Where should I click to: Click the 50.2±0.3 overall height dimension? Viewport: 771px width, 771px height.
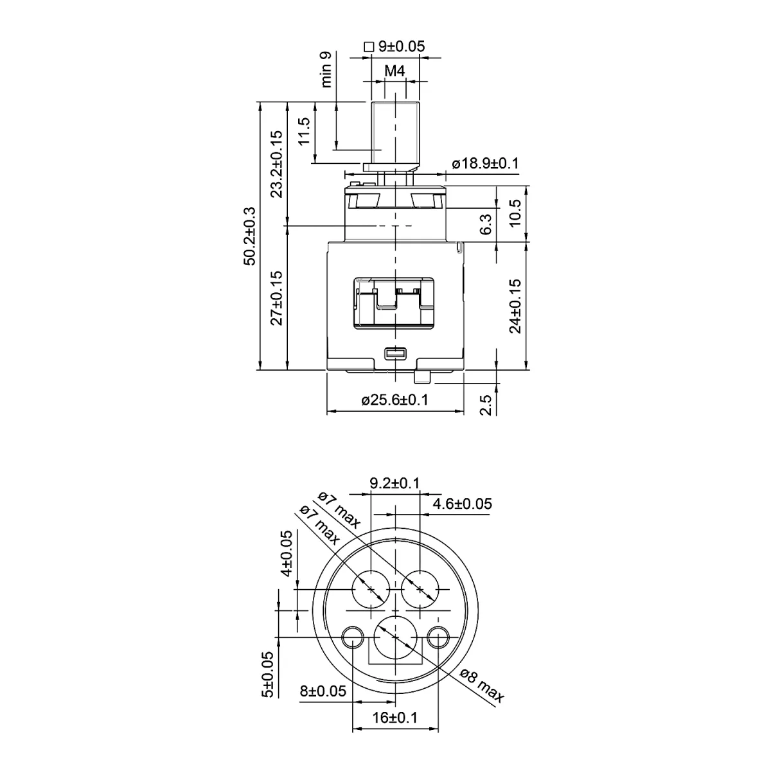[249, 236]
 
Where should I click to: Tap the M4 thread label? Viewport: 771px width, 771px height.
[394, 71]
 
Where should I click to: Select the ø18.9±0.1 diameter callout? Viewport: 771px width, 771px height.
[485, 163]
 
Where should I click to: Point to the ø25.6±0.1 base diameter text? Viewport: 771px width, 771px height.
[394, 400]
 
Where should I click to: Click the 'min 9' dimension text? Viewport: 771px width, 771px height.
[326, 69]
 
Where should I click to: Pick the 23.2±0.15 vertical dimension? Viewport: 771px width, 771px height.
[276, 164]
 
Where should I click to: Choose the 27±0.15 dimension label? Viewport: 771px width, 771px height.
[276, 298]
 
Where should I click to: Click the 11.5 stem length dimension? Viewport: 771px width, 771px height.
[304, 131]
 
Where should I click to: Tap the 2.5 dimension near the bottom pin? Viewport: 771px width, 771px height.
[485, 405]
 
